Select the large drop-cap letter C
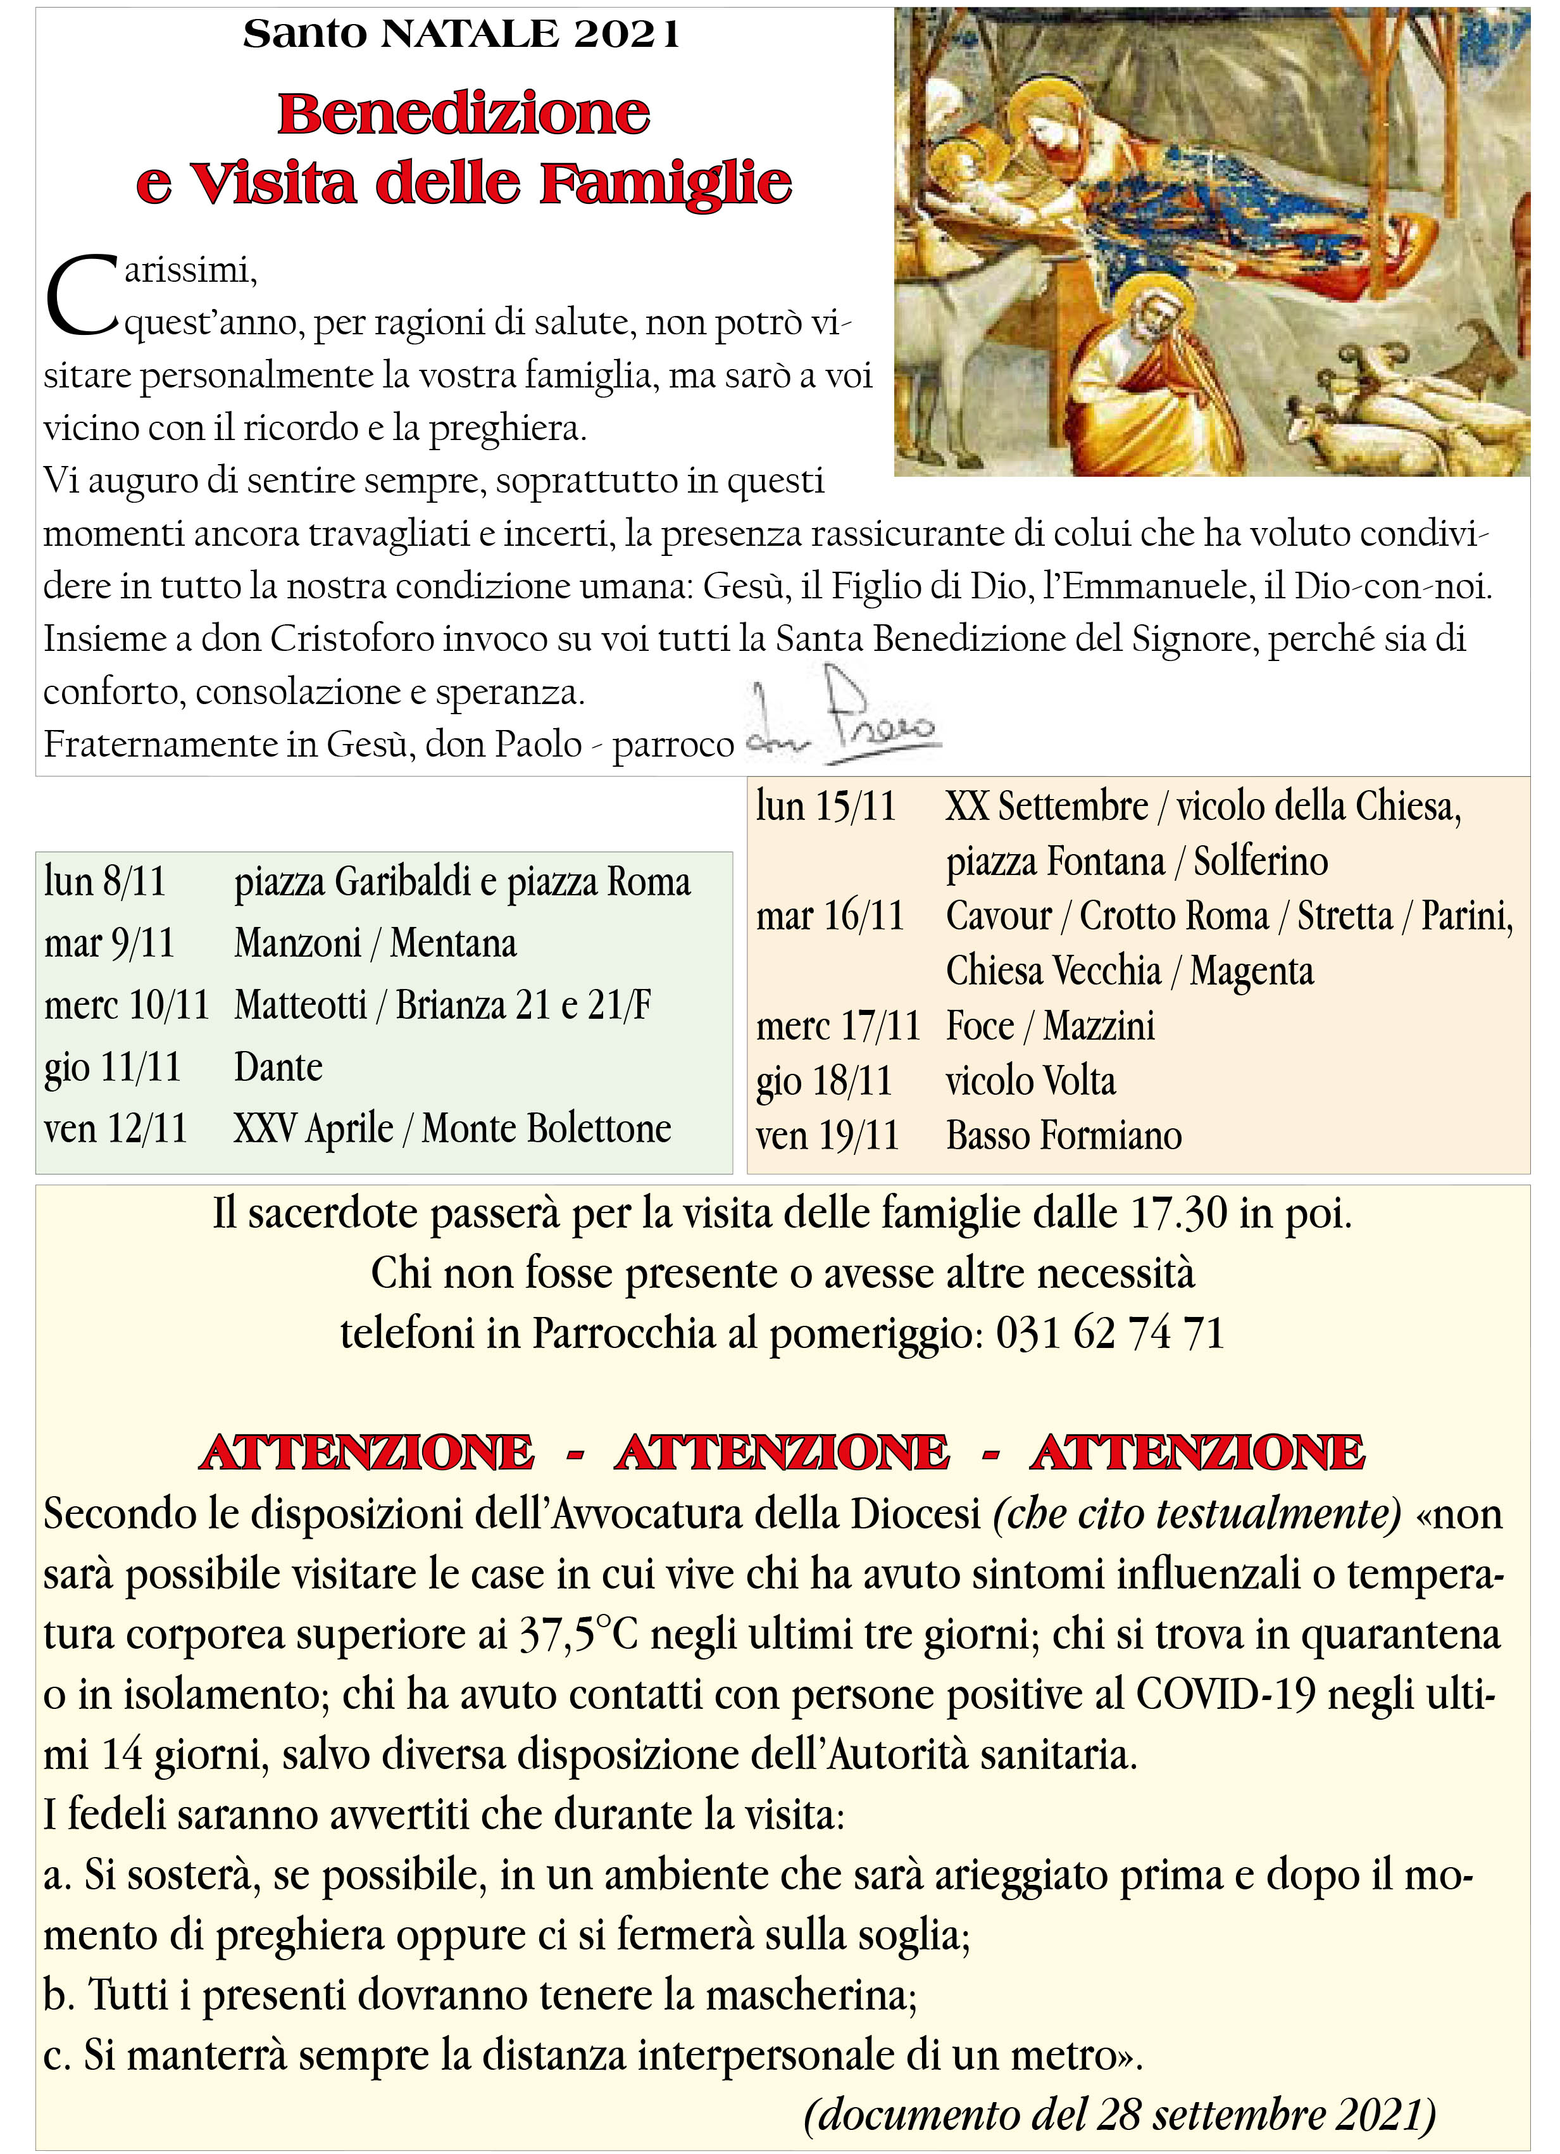coord(82,296)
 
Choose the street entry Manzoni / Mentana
coord(375,943)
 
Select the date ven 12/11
coord(116,1128)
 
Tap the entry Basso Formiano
coord(1063,1135)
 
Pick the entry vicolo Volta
coord(1030,1081)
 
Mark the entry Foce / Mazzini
coord(1050,1026)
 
